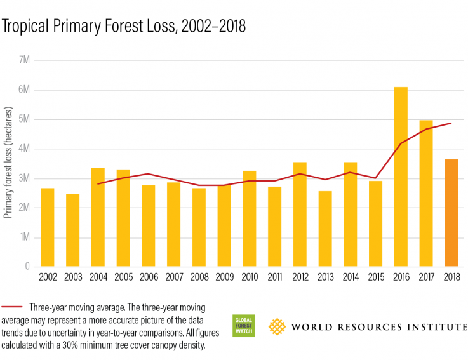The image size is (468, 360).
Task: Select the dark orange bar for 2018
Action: (x=451, y=213)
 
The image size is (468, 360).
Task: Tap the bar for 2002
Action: (x=48, y=227)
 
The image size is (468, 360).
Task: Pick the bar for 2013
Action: (x=325, y=229)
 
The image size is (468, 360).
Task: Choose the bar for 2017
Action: (x=426, y=193)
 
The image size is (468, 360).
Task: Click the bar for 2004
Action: (x=98, y=217)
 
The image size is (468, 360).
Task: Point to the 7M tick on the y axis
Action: (x=23, y=60)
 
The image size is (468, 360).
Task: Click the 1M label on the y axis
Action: (x=23, y=237)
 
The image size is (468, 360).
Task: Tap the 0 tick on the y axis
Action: (x=27, y=267)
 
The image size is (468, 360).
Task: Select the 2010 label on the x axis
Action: (x=250, y=278)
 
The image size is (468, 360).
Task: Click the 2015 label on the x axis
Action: (x=375, y=278)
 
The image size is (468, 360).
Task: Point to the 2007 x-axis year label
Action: (x=173, y=278)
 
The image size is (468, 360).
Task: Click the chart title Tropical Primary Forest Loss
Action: (x=124, y=26)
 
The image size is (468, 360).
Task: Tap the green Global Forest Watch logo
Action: (x=244, y=325)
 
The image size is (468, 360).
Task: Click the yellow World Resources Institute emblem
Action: (x=277, y=326)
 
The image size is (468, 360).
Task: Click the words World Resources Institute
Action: (x=379, y=327)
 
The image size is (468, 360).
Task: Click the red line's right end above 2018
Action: (x=451, y=123)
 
